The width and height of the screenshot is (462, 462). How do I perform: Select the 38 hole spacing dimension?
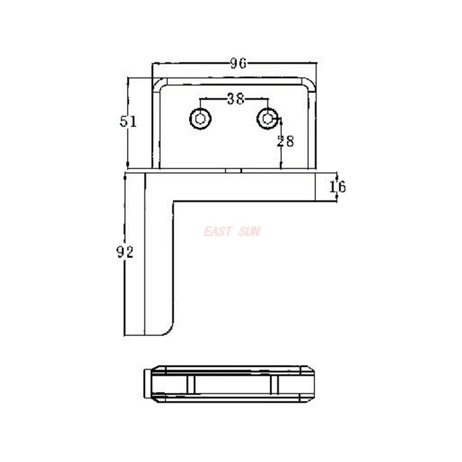(x=234, y=99)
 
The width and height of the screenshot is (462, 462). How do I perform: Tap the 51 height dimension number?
(x=128, y=121)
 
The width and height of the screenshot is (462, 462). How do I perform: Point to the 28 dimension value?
(x=285, y=140)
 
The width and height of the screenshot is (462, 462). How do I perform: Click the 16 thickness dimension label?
(x=337, y=187)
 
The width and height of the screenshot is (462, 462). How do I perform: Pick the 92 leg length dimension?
(x=126, y=252)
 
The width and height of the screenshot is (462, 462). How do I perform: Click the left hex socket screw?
(x=200, y=119)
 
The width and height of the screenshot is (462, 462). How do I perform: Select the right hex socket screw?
(x=267, y=119)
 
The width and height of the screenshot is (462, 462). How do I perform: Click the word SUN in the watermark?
(x=249, y=232)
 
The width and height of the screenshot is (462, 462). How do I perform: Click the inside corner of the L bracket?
(x=174, y=202)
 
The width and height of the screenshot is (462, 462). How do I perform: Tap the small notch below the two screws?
(x=233, y=170)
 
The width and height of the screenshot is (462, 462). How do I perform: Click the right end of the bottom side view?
(x=312, y=383)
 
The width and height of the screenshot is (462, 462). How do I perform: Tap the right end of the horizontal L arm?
(x=315, y=186)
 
